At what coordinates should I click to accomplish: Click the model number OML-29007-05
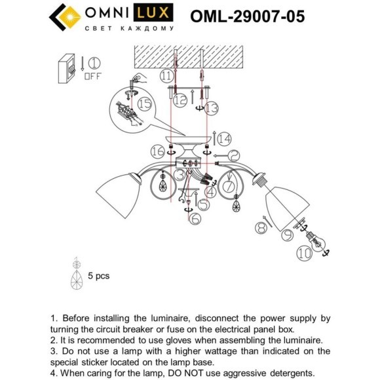click(247, 16)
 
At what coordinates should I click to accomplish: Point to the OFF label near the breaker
click(92, 77)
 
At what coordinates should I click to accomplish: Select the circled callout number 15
click(144, 104)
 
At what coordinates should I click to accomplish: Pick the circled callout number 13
click(210, 107)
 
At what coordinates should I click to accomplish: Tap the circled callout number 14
click(225, 138)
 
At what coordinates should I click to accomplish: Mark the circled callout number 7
click(229, 187)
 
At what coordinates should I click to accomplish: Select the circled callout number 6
click(195, 220)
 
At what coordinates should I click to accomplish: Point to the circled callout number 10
click(305, 251)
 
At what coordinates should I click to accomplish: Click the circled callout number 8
click(261, 227)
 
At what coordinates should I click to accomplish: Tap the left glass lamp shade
click(115, 191)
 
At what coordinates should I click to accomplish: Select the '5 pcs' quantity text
click(98, 276)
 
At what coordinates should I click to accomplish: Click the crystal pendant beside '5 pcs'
click(76, 280)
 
